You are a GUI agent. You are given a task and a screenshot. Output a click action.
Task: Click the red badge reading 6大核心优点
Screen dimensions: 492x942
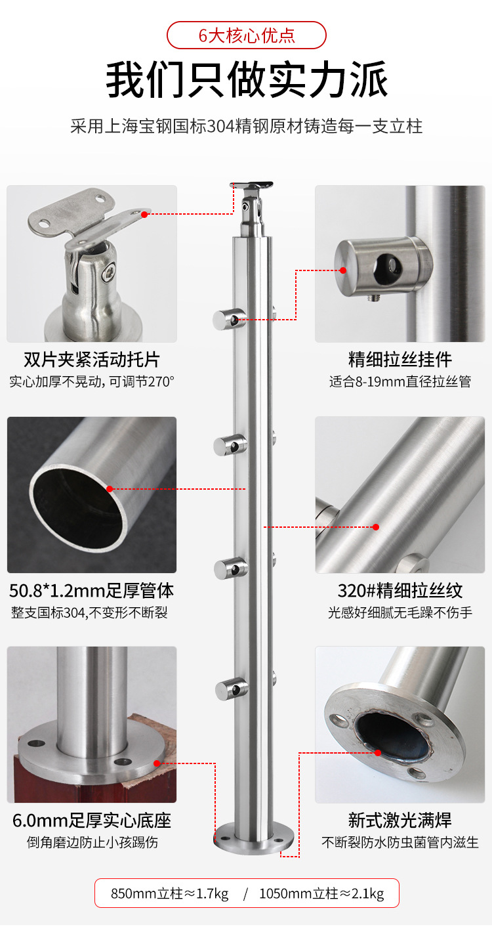[246, 35]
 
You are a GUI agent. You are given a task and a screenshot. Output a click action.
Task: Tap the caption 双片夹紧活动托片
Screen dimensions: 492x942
[92, 360]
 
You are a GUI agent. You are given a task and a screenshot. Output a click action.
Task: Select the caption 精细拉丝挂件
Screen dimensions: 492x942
[400, 360]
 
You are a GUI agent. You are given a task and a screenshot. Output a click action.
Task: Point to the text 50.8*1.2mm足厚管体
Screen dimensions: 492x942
[92, 590]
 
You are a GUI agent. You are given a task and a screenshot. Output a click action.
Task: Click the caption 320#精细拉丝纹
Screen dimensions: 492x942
[400, 590]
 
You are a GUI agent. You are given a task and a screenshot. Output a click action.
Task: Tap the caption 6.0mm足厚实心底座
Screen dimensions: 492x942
[92, 821]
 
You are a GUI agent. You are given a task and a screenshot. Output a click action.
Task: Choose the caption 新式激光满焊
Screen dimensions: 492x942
[400, 821]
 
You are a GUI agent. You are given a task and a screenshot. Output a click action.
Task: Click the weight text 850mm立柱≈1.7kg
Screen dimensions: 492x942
[170, 893]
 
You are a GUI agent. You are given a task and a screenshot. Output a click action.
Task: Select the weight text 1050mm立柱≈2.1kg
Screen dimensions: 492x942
[321, 893]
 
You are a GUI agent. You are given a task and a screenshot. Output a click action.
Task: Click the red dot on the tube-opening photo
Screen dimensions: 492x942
[110, 488]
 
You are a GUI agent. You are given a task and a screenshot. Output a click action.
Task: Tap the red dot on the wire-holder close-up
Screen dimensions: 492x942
[343, 270]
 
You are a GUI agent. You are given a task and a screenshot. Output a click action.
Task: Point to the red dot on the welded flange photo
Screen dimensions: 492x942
[378, 753]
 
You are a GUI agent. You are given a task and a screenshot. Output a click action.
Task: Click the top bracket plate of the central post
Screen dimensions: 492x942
[252, 185]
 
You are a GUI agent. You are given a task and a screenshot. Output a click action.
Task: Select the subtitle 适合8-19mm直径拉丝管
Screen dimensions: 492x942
[400, 381]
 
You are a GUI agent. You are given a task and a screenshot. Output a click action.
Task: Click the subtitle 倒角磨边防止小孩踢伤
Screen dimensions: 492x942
[92, 842]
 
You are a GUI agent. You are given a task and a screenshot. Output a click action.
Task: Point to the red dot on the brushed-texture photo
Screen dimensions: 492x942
[376, 527]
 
